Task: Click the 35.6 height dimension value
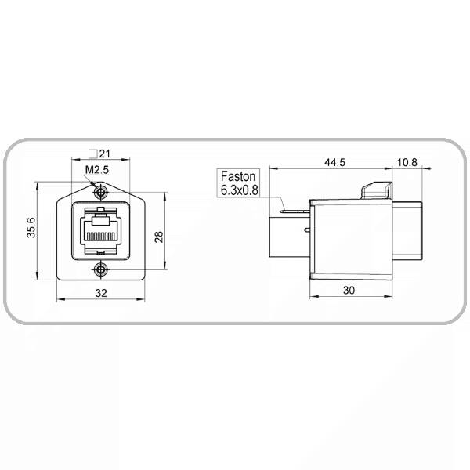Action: pyautogui.click(x=31, y=227)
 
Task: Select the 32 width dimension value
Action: pyautogui.click(x=101, y=293)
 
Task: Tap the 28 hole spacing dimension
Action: pyautogui.click(x=158, y=237)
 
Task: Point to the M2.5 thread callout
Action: pyautogui.click(x=97, y=170)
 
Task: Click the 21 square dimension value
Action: pyautogui.click(x=105, y=154)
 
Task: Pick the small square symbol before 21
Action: pyautogui.click(x=93, y=154)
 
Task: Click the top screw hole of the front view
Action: pyautogui.click(x=101, y=192)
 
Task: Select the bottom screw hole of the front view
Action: pyautogui.click(x=101, y=270)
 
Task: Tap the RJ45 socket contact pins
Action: pyautogui.click(x=101, y=237)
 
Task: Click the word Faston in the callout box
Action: pyautogui.click(x=238, y=176)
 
